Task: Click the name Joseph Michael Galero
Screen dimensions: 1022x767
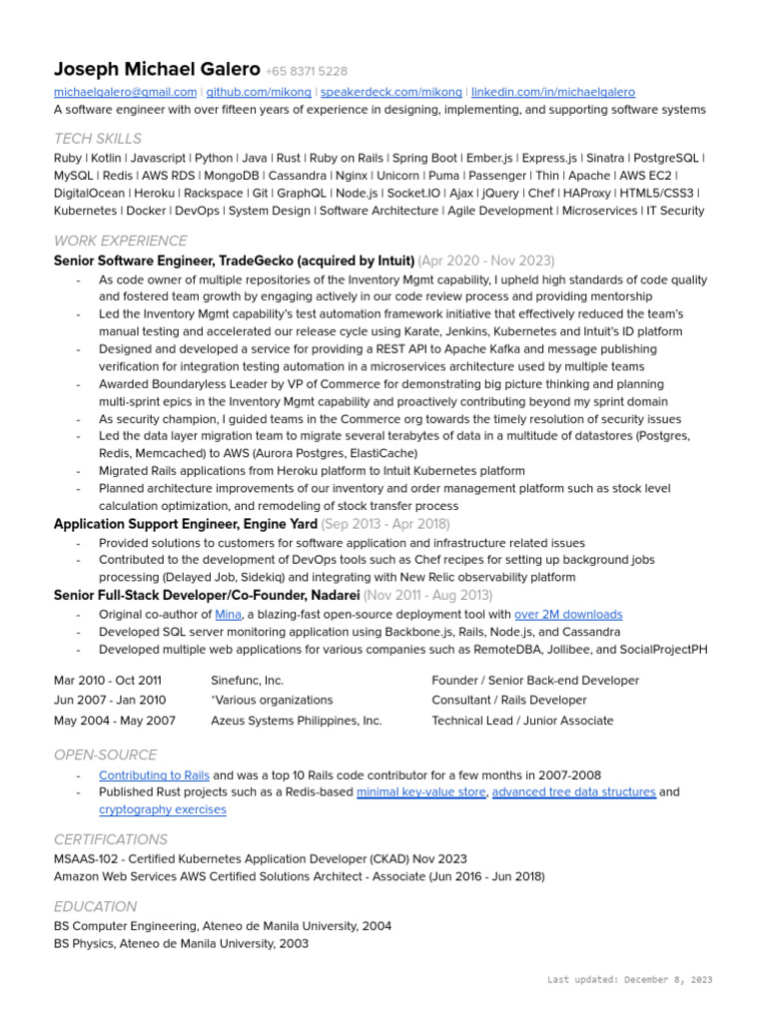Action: point(157,70)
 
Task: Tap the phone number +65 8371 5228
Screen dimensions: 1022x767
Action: point(307,72)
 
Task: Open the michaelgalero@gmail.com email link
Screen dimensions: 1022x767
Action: point(126,92)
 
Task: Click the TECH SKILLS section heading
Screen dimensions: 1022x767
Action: point(98,139)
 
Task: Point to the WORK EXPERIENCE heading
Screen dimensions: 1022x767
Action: point(120,241)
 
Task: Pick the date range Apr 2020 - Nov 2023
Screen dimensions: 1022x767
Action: point(486,260)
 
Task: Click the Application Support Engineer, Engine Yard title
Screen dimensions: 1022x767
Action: point(186,524)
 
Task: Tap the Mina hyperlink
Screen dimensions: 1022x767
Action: point(228,615)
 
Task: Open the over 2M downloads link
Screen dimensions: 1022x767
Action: point(568,615)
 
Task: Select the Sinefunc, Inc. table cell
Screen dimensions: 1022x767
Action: point(247,681)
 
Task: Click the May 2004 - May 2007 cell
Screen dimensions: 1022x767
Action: point(115,721)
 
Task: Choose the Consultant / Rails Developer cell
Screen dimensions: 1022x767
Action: point(508,701)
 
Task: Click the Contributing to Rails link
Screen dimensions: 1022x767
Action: point(154,775)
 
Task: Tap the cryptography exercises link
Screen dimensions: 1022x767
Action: point(162,809)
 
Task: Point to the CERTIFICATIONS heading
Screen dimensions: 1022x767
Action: point(111,839)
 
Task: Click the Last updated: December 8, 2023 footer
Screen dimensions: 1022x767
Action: point(629,980)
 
